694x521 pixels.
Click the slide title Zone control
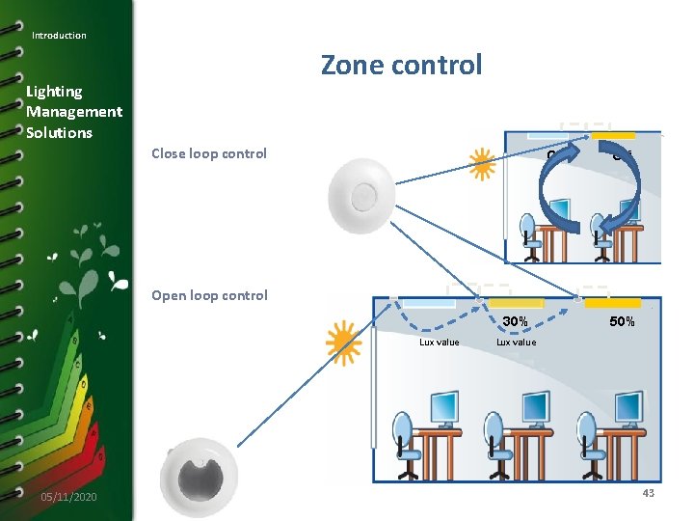[x=401, y=66]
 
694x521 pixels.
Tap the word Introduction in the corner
[x=59, y=36]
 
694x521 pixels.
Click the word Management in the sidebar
[x=74, y=112]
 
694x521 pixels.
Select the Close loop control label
[x=209, y=153]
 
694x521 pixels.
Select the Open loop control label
[x=209, y=295]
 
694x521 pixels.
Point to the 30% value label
[x=515, y=321]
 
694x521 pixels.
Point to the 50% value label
[x=622, y=321]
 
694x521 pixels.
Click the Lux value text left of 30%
[x=439, y=343]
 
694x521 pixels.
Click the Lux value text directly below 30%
[x=516, y=343]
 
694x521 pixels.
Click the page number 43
[x=648, y=494]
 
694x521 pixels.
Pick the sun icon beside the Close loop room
[x=481, y=163]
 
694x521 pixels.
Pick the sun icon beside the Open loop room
[x=343, y=340]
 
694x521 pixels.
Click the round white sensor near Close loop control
[x=361, y=195]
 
